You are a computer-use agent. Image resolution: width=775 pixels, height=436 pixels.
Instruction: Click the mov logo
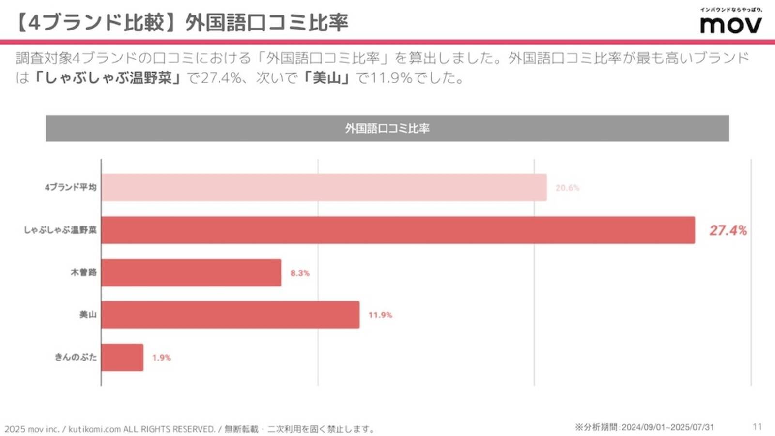(x=730, y=24)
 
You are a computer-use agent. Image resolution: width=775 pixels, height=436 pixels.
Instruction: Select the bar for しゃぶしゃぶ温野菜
(x=397, y=230)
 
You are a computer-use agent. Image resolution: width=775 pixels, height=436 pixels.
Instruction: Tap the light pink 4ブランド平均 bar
(x=324, y=187)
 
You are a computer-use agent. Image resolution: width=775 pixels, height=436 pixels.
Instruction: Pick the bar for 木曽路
(x=191, y=272)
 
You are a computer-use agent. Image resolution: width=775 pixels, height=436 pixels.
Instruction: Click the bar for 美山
(x=230, y=315)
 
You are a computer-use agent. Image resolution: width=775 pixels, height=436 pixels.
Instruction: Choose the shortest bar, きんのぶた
(x=122, y=357)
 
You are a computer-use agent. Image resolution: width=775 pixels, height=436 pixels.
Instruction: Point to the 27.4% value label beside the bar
(x=728, y=230)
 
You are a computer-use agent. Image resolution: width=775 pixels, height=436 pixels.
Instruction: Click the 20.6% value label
(x=567, y=188)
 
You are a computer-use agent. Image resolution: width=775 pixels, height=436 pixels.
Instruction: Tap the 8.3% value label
(x=300, y=273)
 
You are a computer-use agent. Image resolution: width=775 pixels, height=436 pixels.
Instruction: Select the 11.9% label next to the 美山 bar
(x=380, y=315)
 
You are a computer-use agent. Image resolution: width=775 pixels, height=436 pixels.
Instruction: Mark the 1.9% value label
(x=161, y=358)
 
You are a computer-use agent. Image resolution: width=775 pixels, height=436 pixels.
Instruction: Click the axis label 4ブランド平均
(x=71, y=187)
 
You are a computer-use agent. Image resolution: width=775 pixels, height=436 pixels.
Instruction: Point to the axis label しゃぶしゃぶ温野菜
(x=60, y=230)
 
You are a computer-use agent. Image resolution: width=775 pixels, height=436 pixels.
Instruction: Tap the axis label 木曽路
(x=84, y=272)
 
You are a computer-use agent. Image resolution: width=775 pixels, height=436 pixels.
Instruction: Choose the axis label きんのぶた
(x=76, y=357)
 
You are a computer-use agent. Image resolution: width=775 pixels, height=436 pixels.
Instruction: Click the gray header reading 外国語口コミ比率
(x=387, y=128)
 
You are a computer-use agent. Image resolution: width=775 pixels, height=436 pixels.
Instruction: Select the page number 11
(x=757, y=426)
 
